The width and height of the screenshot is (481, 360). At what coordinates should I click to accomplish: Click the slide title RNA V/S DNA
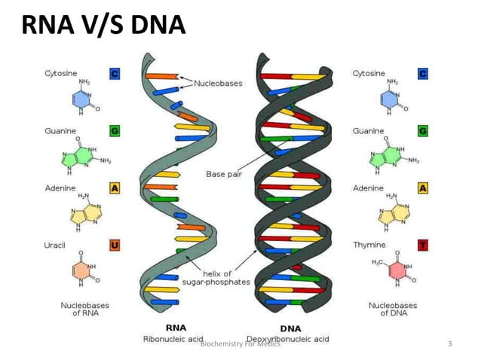[103, 26]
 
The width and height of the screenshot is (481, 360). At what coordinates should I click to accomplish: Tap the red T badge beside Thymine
[422, 245]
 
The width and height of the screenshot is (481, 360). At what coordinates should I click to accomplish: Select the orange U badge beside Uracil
[115, 245]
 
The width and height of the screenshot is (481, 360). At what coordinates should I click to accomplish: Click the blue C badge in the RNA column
[115, 74]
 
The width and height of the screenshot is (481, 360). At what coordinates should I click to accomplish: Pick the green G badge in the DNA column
[422, 130]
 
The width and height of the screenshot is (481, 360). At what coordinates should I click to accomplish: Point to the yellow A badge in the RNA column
[115, 188]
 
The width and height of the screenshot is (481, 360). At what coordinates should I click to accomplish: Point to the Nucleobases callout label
[218, 83]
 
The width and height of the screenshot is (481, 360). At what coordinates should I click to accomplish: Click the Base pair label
[225, 174]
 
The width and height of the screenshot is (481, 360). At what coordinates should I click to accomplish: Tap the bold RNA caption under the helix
[176, 328]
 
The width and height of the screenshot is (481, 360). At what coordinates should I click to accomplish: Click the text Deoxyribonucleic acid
[288, 339]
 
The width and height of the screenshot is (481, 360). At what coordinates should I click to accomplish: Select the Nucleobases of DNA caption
[392, 309]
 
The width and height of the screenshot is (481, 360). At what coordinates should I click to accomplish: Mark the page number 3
[450, 344]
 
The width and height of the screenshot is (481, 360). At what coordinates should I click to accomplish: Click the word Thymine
[369, 245]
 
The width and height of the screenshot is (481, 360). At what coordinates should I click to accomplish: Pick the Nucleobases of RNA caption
[84, 309]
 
